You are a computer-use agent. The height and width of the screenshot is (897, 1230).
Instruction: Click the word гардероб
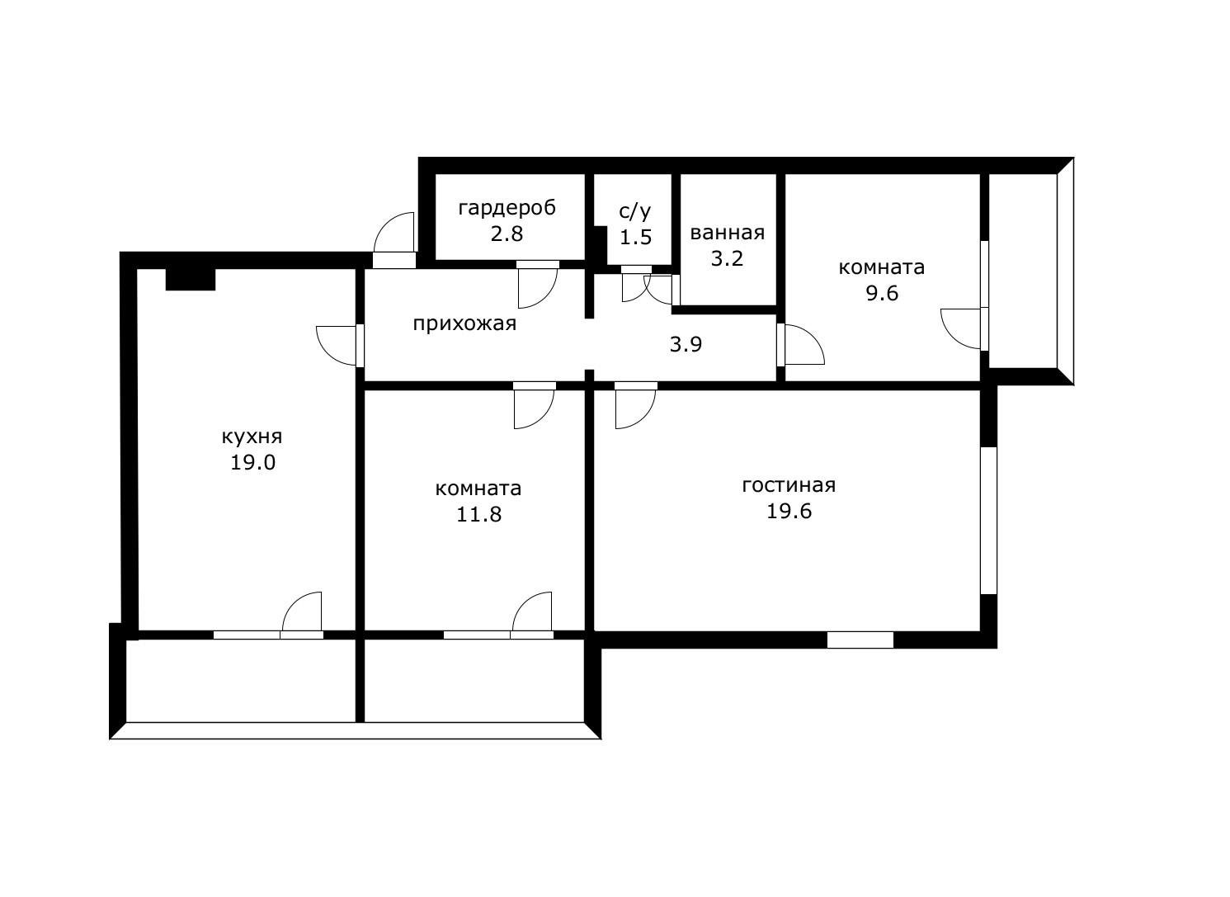507,209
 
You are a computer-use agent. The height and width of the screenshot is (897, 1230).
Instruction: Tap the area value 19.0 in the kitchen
252,462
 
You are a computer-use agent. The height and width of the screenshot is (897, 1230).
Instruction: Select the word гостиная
789,485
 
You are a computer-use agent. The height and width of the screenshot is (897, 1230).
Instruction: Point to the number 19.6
789,512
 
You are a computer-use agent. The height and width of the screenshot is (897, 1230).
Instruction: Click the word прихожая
464,324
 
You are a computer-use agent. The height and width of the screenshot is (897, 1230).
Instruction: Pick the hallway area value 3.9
686,344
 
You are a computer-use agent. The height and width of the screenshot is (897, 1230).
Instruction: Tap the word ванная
727,233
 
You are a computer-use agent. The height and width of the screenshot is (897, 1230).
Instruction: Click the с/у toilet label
634,211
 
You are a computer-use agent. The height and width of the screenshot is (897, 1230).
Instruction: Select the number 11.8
478,515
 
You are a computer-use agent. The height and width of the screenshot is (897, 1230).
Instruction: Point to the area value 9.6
882,293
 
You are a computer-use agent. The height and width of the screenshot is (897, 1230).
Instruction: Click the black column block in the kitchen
190,279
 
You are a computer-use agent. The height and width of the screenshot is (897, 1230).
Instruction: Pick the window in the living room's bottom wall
860,640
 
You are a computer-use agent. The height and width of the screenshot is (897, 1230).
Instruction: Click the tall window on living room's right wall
988,521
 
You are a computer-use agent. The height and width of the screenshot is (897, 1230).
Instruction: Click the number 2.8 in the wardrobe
507,234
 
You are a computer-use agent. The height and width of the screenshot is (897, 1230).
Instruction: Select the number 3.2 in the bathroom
727,259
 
